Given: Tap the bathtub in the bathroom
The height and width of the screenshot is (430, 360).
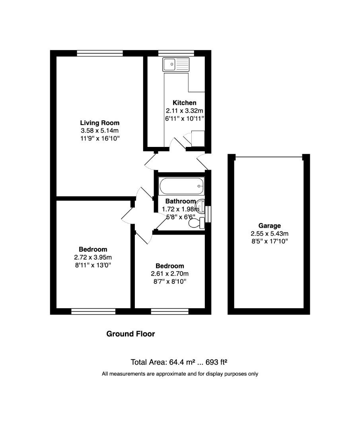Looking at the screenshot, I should coord(181,185).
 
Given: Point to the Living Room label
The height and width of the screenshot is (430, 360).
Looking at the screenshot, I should coord(99,123).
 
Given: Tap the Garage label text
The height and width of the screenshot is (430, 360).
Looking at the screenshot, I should coord(269,226).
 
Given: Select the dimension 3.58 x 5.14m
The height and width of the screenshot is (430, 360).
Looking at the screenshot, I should coord(99,131).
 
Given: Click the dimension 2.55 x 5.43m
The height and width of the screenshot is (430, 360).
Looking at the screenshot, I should coord(269,234).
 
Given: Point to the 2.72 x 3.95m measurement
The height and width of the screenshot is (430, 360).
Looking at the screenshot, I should coord(93,257).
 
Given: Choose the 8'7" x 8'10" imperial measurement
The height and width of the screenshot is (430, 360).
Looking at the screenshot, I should coord(169,281).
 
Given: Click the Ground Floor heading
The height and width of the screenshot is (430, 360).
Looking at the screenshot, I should coord(130,334).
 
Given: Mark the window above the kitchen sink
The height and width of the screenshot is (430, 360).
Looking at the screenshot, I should coord(176,53).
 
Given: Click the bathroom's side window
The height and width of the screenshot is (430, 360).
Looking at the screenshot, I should coord(208,213).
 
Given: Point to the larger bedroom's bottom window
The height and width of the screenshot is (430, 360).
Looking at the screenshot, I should coord(93,311).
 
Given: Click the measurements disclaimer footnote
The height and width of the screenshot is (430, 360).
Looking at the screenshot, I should coord(180,374).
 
